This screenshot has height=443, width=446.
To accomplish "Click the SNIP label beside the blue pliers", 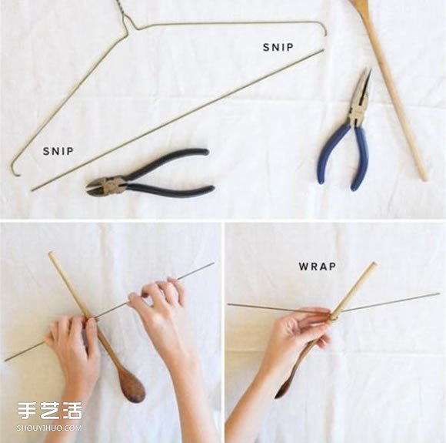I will click(278, 47).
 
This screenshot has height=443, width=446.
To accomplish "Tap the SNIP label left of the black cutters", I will click(58, 152).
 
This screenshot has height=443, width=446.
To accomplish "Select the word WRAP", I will click(318, 266).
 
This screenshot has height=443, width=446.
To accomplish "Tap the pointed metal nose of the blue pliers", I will click(363, 85).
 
